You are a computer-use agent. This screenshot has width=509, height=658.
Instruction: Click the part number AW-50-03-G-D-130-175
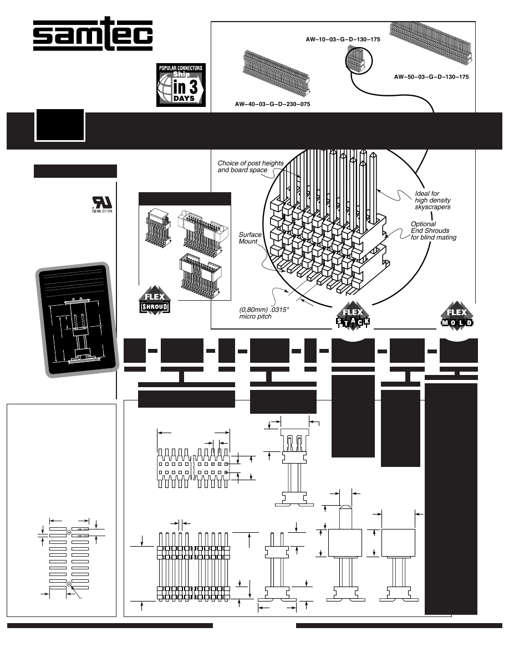[431, 77]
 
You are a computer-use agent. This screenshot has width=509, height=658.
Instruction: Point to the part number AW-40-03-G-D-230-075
[273, 104]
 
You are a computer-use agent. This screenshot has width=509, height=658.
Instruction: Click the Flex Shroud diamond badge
[154, 302]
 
